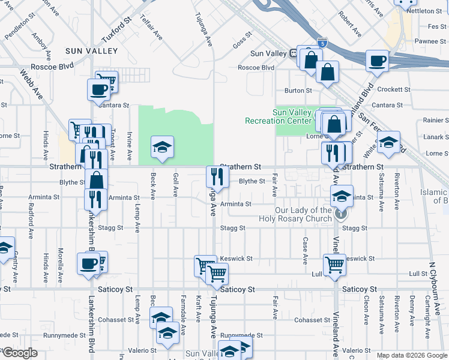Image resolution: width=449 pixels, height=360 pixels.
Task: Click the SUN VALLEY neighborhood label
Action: click(91, 51)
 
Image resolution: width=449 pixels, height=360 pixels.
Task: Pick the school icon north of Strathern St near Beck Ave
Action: click(161, 147)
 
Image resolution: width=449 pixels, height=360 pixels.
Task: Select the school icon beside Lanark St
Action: click(388, 142)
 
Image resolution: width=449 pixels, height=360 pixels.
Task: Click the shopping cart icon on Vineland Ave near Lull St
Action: click(334, 263)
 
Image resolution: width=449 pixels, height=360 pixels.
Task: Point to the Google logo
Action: click(19, 353)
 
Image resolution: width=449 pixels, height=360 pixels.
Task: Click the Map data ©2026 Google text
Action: click(412, 355)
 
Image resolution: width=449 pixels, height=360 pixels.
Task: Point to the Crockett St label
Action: click(394, 89)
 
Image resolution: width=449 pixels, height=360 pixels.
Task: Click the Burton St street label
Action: click(298, 91)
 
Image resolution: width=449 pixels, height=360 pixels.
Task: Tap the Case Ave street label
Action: click(306, 251)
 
